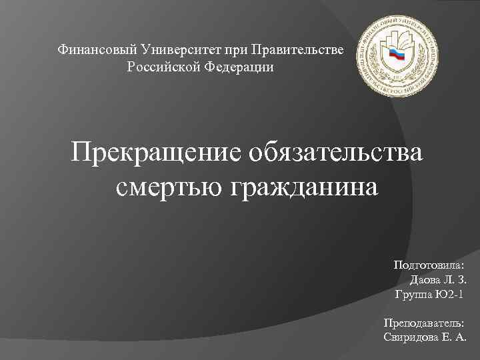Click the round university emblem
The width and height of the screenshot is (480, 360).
pyautogui.click(x=397, y=57)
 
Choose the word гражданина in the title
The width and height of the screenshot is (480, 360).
pyautogui.click(x=305, y=187)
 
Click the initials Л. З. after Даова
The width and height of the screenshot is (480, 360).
pyautogui.click(x=455, y=279)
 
